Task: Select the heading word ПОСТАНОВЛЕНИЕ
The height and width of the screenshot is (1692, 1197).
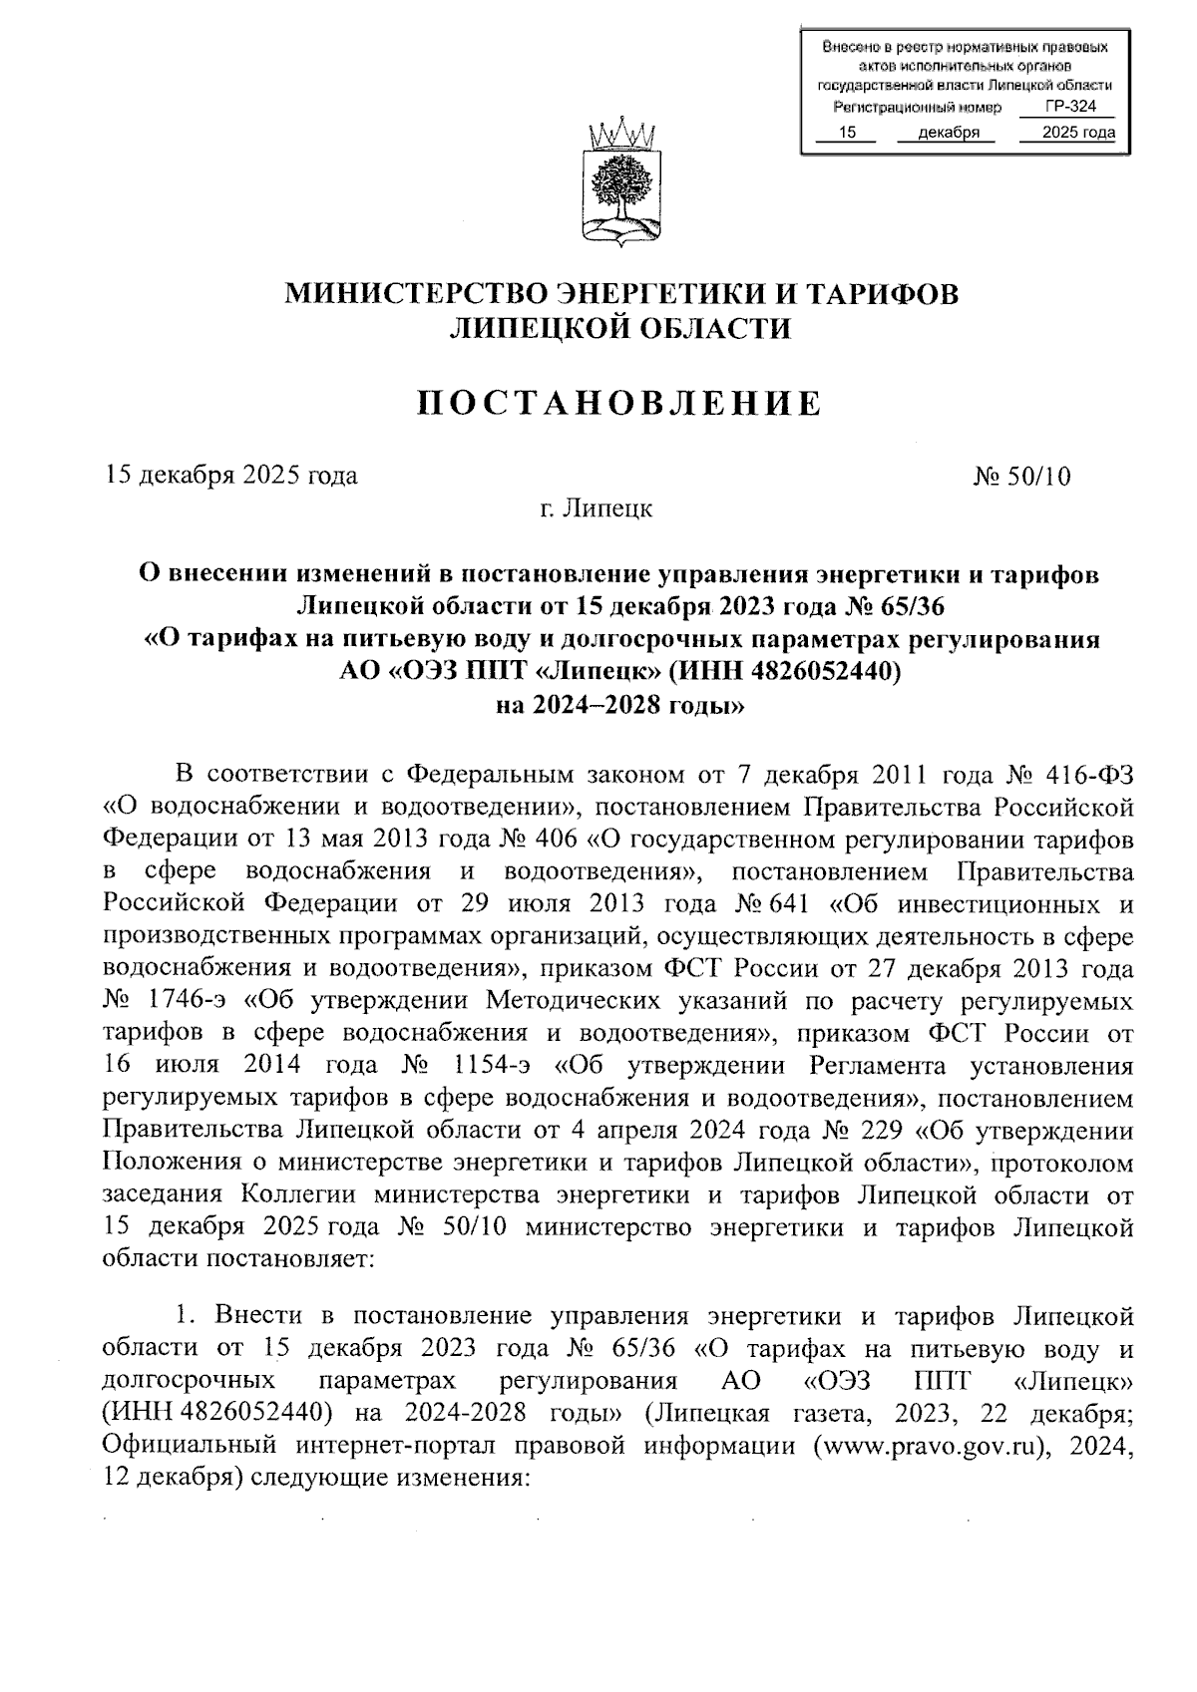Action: click(618, 404)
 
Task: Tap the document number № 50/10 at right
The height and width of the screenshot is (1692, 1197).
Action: click(1021, 476)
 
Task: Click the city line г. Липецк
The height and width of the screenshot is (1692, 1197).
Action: click(597, 509)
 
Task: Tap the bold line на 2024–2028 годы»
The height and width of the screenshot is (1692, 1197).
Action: click(619, 707)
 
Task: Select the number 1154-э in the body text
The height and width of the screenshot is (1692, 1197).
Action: click(491, 1065)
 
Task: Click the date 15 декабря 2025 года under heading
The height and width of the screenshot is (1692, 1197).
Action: click(231, 476)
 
